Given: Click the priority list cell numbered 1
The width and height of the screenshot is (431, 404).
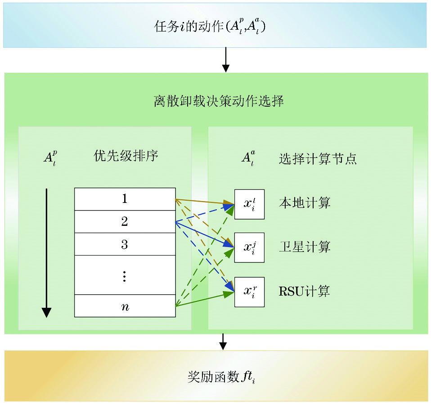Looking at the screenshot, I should tap(125, 199).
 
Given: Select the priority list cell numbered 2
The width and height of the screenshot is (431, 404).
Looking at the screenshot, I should tap(125, 221).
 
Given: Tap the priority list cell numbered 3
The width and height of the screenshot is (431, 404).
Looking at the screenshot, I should tap(125, 244).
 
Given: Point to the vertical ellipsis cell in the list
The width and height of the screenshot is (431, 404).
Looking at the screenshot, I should tap(125, 275).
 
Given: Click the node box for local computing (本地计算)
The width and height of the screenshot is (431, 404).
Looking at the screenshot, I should tap(249, 204).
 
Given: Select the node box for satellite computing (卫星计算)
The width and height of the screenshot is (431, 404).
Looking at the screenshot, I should tap(249, 247).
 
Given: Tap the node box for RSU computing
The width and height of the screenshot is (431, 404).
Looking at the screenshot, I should tap(249, 292).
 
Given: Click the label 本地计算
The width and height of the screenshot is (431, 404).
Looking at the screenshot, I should tap(305, 203).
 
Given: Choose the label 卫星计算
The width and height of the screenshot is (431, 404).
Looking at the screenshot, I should tap(305, 247).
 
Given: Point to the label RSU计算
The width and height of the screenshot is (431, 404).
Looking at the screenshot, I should tap(304, 291).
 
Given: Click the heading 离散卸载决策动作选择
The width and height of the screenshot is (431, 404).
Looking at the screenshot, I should tap(219, 101).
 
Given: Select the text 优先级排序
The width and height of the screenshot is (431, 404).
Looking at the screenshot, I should tap(126, 156).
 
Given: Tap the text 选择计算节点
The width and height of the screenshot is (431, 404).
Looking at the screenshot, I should tap(318, 159).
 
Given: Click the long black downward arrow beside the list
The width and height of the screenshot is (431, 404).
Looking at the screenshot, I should tap(46, 252).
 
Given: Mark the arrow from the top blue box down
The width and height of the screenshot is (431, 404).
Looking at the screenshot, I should tap(225, 59).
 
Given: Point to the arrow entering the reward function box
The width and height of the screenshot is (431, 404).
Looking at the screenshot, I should tap(222, 341).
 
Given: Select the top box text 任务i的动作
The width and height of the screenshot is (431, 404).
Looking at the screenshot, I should tap(189, 27).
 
